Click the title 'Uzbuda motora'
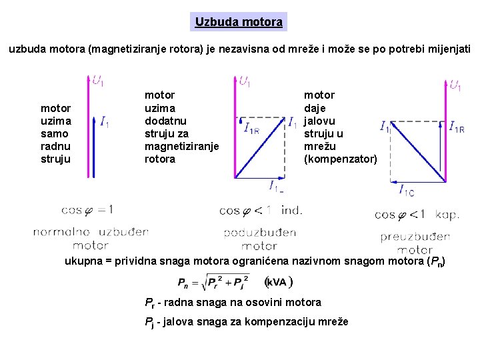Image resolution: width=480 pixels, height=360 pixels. (239, 22)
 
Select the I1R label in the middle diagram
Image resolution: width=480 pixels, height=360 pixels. (251, 128)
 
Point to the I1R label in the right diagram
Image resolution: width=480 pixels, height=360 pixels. (457, 126)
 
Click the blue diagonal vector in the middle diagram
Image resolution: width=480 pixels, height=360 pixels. (259, 147)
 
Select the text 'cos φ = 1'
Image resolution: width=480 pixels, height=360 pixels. (87, 210)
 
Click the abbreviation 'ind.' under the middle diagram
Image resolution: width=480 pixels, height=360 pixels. (292, 211)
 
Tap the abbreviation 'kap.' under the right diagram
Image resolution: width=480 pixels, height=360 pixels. (447, 215)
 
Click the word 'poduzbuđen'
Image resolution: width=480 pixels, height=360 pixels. (259, 233)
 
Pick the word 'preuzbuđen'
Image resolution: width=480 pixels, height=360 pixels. (415, 237)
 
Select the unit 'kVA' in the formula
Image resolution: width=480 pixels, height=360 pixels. (279, 282)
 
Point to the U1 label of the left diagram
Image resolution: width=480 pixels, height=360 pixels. (98, 82)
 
